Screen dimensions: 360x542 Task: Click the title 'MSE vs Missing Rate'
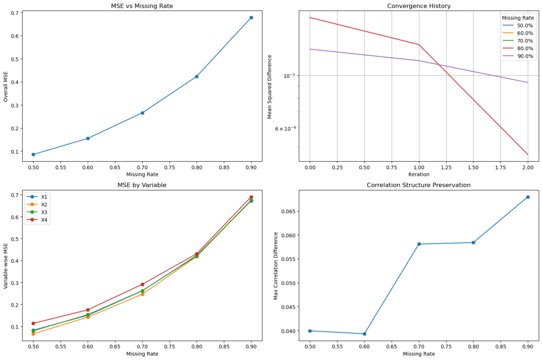point(142,6)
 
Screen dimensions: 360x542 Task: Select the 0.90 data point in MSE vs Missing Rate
point(251,18)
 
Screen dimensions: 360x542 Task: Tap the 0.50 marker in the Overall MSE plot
point(33,154)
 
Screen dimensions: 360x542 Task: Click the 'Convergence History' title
point(419,6)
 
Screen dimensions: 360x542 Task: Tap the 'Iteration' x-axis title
point(419,174)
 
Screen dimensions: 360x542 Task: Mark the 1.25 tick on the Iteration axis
point(446,167)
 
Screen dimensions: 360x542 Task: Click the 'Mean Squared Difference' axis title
point(270,86)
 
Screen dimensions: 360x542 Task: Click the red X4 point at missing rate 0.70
point(142,285)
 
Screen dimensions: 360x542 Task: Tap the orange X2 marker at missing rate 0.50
point(33,334)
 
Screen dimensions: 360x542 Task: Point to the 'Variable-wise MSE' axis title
point(6,266)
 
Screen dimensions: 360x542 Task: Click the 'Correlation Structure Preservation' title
point(419,185)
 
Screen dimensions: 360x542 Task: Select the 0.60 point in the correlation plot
point(364,334)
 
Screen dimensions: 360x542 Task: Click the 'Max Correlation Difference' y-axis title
point(276,266)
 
